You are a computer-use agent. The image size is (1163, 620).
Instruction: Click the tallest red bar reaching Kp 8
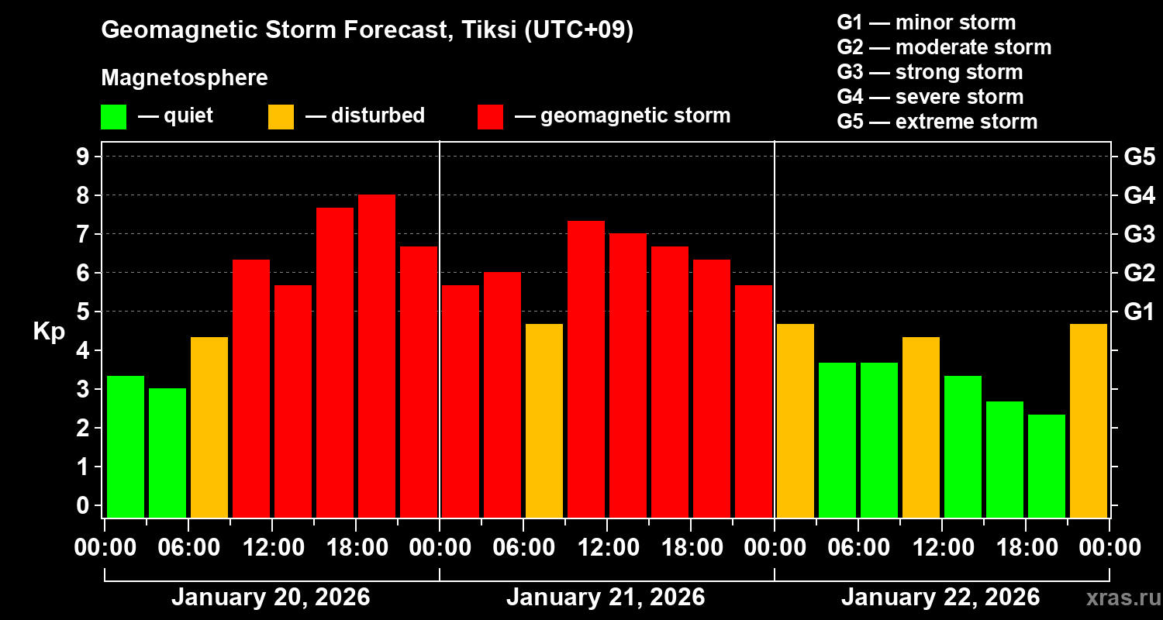pyautogui.click(x=377, y=356)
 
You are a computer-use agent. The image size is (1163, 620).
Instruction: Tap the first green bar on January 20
pyautogui.click(x=126, y=446)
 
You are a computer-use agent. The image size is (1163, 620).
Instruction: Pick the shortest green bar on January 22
pyautogui.click(x=1047, y=465)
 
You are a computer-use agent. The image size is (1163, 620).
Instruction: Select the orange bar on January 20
pyautogui.click(x=209, y=426)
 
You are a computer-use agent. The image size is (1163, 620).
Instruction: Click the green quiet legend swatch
pyautogui.click(x=113, y=117)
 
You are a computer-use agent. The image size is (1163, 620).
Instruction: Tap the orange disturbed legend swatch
pyautogui.click(x=281, y=117)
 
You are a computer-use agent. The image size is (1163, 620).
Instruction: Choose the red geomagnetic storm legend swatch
pyautogui.click(x=491, y=117)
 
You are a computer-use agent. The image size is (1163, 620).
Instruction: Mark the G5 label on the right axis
pyautogui.click(x=1139, y=157)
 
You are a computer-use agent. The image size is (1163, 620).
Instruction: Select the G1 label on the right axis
pyautogui.click(x=1139, y=312)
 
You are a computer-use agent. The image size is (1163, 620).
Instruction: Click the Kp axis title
pyautogui.click(x=49, y=331)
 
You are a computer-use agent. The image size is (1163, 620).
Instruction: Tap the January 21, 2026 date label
pyautogui.click(x=606, y=598)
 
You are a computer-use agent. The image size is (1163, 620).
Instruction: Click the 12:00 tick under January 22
pyautogui.click(x=941, y=548)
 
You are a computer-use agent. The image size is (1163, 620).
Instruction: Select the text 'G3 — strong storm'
pyautogui.click(x=930, y=72)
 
